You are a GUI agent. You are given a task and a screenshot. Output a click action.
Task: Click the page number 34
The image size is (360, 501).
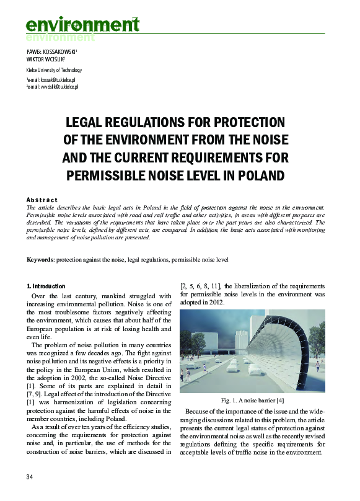point(29,476)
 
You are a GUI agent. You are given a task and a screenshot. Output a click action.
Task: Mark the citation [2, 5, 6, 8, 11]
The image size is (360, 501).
point(203,286)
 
